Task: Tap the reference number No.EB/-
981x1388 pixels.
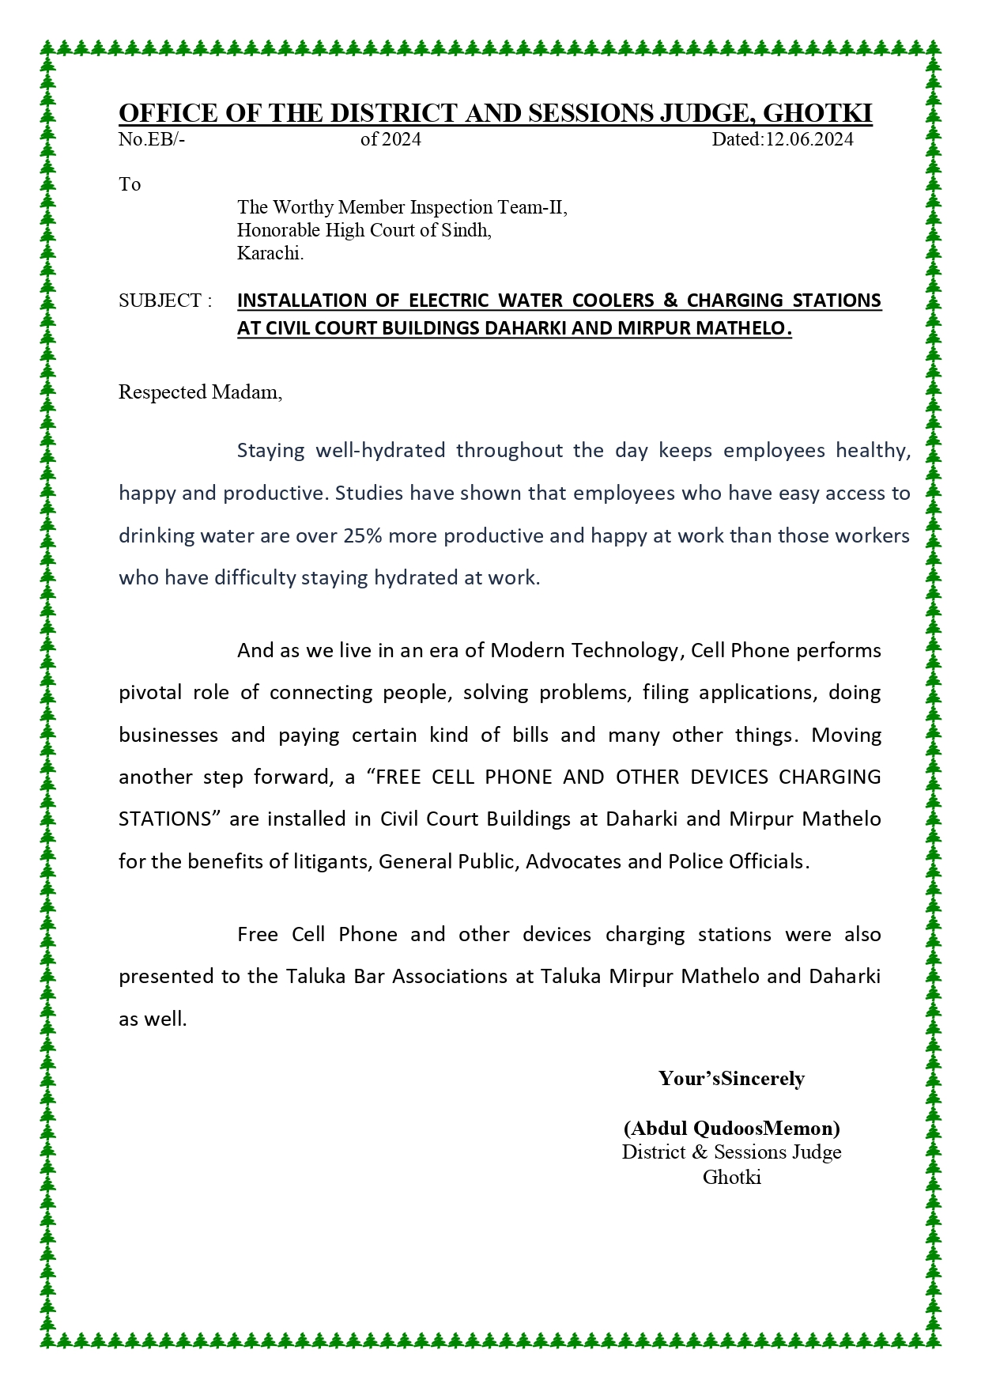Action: pyautogui.click(x=152, y=140)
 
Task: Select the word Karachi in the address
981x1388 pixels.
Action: pyautogui.click(x=270, y=254)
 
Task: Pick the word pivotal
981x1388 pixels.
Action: pyautogui.click(x=149, y=693)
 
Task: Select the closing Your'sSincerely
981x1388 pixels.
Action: pyautogui.click(x=731, y=1079)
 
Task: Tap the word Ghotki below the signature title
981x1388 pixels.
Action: pyautogui.click(x=731, y=1177)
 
